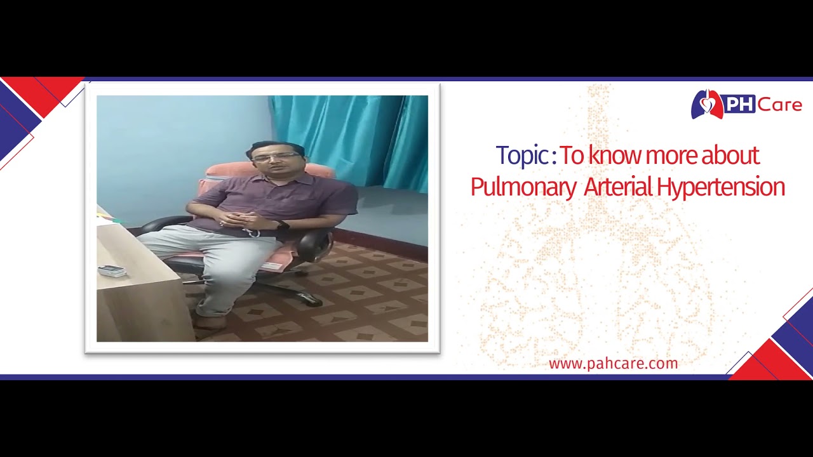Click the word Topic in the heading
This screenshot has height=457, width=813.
[522, 156]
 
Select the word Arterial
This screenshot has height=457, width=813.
[617, 187]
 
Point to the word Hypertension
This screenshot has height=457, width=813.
[721, 187]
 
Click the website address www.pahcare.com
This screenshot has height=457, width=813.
[613, 364]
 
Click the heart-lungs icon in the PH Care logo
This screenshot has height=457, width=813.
[706, 105]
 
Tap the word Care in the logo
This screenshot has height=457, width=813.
[779, 105]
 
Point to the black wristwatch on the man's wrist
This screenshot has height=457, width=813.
[283, 225]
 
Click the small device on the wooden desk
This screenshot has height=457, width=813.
[112, 271]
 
